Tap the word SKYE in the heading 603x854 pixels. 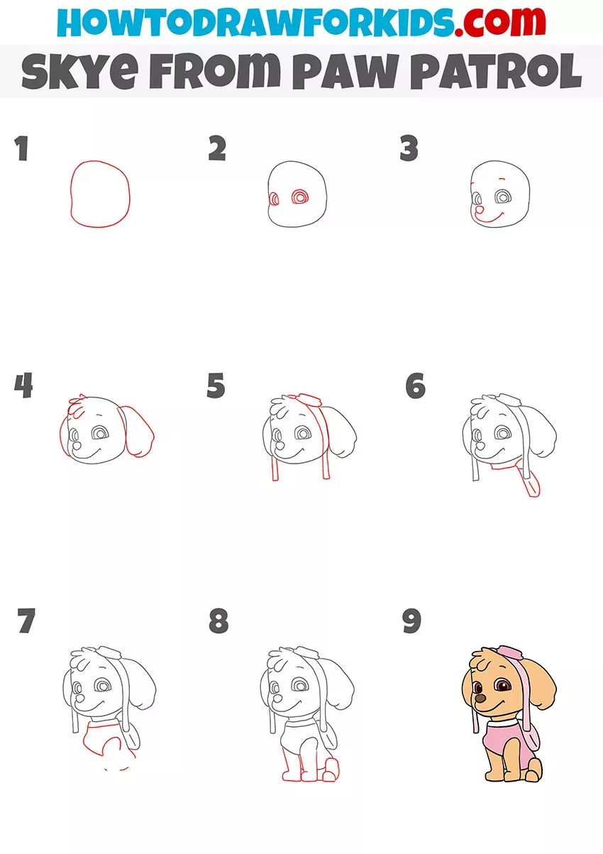pos(79,71)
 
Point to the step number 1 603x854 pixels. pos(22,148)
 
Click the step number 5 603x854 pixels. pos(216,385)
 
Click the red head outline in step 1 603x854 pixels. pos(70,195)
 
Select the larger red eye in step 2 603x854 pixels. pos(300,197)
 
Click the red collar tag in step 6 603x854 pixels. pos(533,483)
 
